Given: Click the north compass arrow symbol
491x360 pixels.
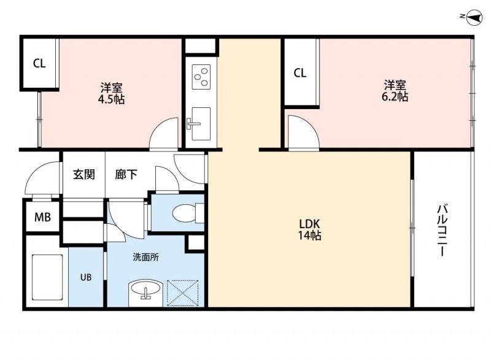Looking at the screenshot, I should (x=473, y=17).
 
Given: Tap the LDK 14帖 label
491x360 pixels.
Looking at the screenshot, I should (x=310, y=228).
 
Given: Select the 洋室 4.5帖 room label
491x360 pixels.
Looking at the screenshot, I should (x=112, y=92).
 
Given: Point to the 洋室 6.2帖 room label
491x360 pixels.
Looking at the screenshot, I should (x=396, y=90).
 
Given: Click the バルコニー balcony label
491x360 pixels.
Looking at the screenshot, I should (x=441, y=232).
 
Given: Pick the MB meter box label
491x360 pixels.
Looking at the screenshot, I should (x=42, y=216).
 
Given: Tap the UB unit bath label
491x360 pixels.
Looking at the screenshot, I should (x=85, y=277).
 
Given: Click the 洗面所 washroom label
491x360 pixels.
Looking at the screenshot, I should (x=145, y=258).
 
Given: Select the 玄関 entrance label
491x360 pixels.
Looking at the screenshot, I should (x=84, y=174).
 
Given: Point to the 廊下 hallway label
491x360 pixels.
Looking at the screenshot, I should (x=126, y=174).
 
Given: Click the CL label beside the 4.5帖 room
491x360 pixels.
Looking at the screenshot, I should (x=39, y=63).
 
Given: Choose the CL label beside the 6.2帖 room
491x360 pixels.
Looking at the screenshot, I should (x=300, y=74).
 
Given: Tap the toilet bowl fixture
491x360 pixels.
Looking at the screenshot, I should (x=184, y=213).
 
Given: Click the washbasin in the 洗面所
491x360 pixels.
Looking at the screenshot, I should (x=145, y=290).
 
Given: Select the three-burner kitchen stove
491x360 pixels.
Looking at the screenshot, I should (x=201, y=77).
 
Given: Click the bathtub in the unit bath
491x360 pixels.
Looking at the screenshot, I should (x=47, y=277).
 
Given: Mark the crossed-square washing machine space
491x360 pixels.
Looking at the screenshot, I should (x=182, y=292).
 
